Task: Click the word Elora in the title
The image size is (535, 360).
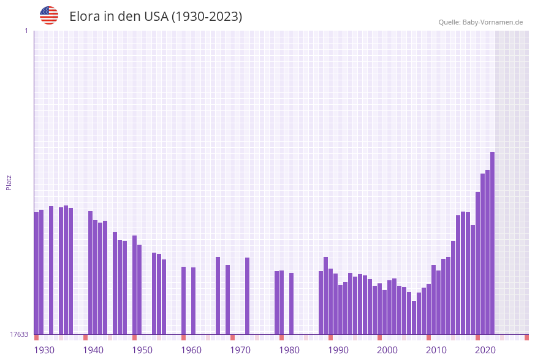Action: pyautogui.click(x=84, y=17)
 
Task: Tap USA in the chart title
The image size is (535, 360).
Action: pyautogui.click(x=156, y=17)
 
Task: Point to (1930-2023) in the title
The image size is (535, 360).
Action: pyautogui.click(x=207, y=17)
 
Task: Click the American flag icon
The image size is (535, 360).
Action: pyautogui.click(x=49, y=15)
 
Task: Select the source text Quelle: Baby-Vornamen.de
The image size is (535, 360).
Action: pyautogui.click(x=480, y=22)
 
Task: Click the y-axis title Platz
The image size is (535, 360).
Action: pyautogui.click(x=9, y=182)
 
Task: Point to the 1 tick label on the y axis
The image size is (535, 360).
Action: pyautogui.click(x=26, y=31)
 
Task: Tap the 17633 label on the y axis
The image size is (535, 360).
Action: pyautogui.click(x=19, y=334)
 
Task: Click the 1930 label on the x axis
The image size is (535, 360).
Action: pyautogui.click(x=44, y=350)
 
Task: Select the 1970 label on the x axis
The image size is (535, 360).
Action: pyautogui.click(x=240, y=350)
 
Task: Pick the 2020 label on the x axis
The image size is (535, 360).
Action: pyautogui.click(x=485, y=350)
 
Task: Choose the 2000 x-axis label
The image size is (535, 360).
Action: pyautogui.click(x=387, y=350)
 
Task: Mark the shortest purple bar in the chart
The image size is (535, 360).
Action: pyautogui.click(x=414, y=318)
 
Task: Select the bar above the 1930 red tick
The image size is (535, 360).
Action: pyautogui.click(x=36, y=273)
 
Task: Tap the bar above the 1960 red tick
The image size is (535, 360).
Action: pyautogui.click(x=183, y=301)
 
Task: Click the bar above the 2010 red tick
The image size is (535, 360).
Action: pyautogui.click(x=428, y=309)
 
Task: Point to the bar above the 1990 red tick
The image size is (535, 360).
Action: pyautogui.click(x=330, y=301)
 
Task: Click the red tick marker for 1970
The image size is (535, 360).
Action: pyautogui.click(x=232, y=337)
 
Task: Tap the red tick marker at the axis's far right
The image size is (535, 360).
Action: pyautogui.click(x=526, y=337)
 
